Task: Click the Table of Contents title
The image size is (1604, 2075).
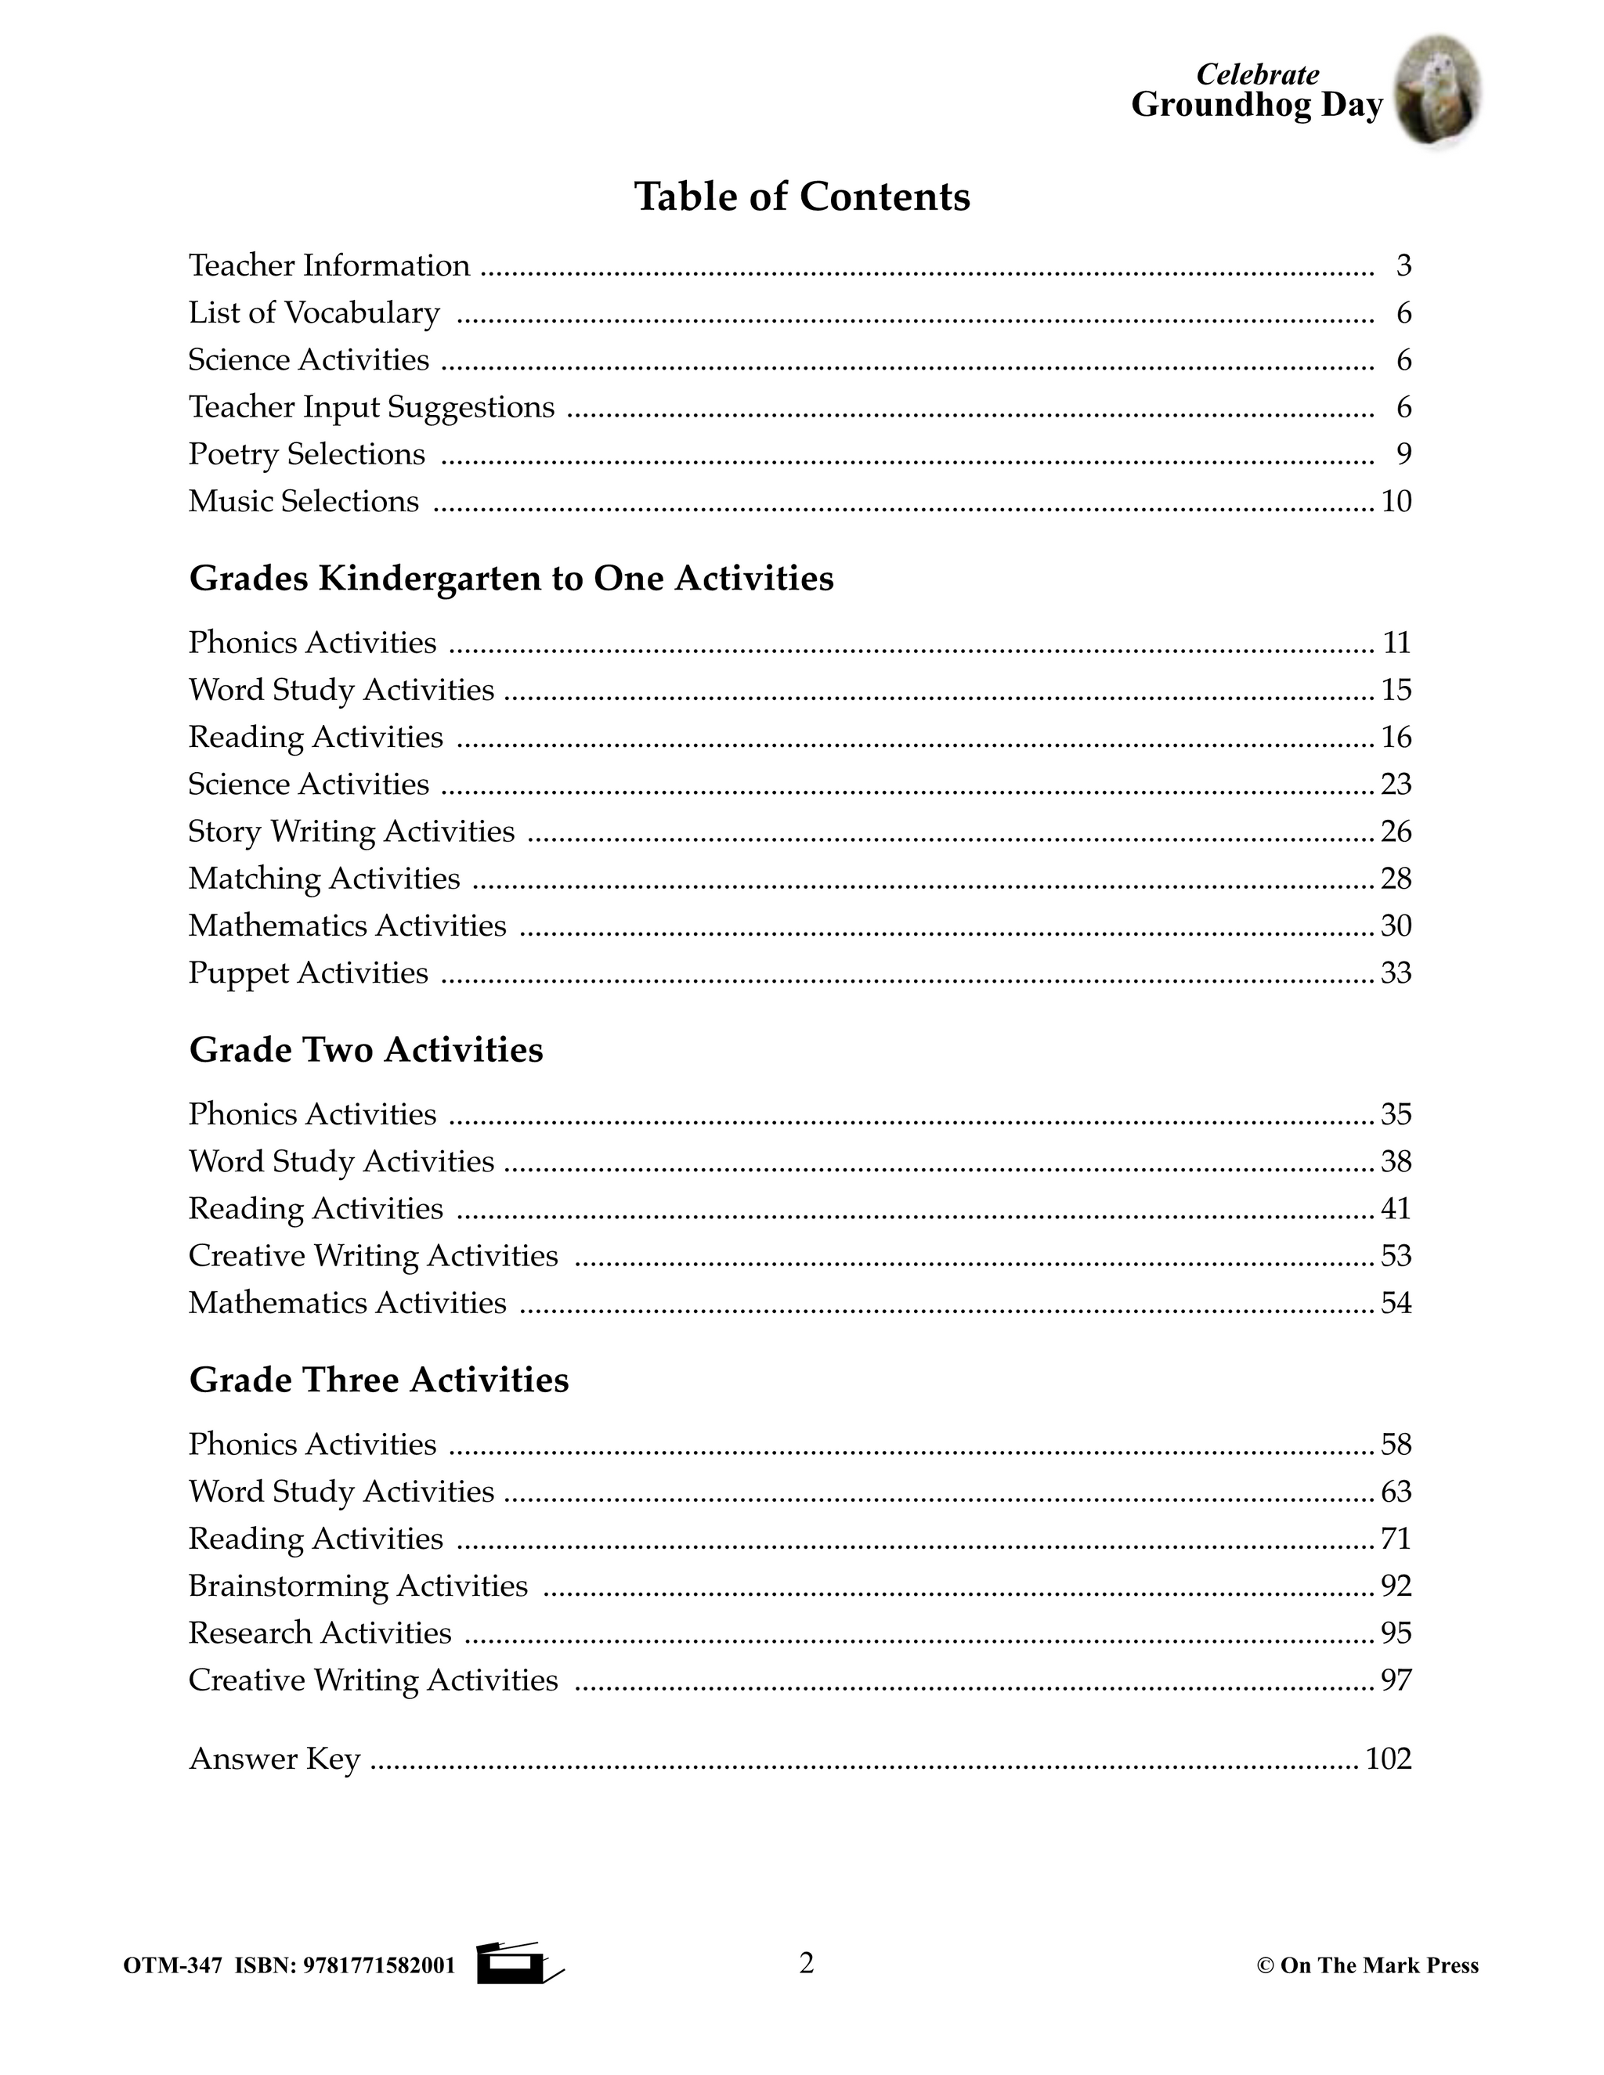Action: [x=802, y=197]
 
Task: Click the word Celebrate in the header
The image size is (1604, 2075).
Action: [x=1256, y=74]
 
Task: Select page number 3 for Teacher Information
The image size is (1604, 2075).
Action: [x=1403, y=265]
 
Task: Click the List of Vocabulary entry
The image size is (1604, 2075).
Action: [x=313, y=312]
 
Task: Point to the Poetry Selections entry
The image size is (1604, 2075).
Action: [x=306, y=454]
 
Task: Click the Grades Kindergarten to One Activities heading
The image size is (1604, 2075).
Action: [x=511, y=578]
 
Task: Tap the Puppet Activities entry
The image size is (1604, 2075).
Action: [x=308, y=973]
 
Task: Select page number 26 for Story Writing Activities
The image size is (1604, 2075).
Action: [x=1396, y=832]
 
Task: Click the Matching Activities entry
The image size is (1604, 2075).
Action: [x=324, y=878]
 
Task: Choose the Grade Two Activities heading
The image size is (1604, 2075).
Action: [x=366, y=1049]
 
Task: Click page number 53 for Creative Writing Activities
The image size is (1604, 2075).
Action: [x=1396, y=1255]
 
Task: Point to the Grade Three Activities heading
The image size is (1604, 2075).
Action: [x=378, y=1379]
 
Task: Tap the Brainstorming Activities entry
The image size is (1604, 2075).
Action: [x=357, y=1585]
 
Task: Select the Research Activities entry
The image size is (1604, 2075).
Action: [x=320, y=1633]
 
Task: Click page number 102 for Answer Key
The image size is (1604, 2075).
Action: [x=1389, y=1759]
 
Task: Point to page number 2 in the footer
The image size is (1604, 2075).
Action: [x=806, y=1962]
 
